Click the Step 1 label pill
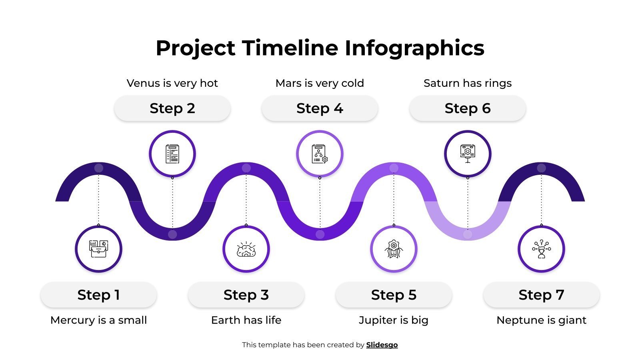[x=98, y=295]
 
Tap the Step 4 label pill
[x=320, y=108]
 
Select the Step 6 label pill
[x=467, y=108]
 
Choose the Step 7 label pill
[x=541, y=295]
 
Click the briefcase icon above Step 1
[x=98, y=249]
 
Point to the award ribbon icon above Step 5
[x=394, y=249]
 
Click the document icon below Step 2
[x=172, y=154]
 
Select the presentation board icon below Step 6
[x=467, y=154]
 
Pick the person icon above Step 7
[x=541, y=249]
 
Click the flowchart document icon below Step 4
[x=320, y=154]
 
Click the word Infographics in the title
[x=414, y=48]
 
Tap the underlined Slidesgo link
[x=382, y=345]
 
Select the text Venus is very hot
[x=172, y=83]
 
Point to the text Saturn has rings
[x=467, y=83]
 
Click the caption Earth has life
[x=246, y=320]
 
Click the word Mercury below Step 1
[x=70, y=320]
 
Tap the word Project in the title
[x=195, y=48]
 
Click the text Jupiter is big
[x=393, y=320]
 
